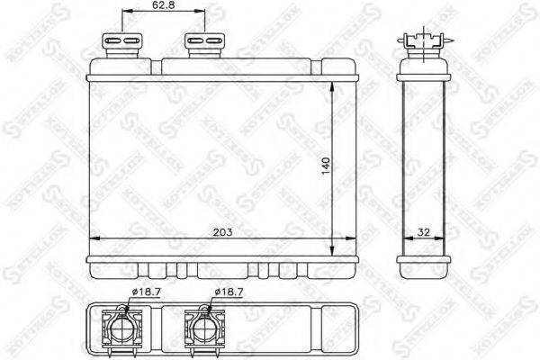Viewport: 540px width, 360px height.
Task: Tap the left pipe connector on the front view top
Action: point(123,43)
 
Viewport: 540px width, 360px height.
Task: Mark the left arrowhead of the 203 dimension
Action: point(96,239)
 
